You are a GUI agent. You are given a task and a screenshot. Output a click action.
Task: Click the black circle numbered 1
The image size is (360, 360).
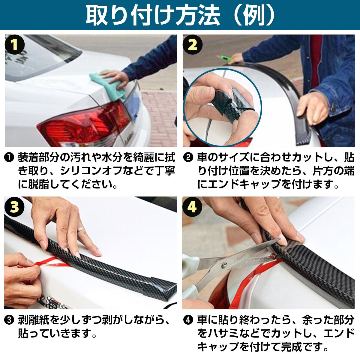[x=15, y=45]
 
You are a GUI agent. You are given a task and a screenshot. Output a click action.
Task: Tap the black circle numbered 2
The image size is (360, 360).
[x=193, y=45]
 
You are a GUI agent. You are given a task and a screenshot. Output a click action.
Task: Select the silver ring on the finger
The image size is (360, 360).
[x=81, y=229]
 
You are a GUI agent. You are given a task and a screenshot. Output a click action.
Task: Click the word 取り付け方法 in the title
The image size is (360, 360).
[x=153, y=16]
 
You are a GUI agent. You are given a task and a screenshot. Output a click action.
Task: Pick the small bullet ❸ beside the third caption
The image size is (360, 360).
[x=9, y=320]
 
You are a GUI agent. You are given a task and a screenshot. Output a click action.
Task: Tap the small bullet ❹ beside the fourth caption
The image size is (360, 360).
[x=188, y=320]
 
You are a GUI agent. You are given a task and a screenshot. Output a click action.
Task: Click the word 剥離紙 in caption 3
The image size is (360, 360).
[x=34, y=320]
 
